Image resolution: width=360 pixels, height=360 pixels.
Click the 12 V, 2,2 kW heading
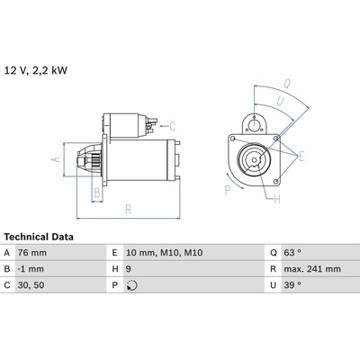coord(36,70)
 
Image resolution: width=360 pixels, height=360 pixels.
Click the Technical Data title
coord(39,237)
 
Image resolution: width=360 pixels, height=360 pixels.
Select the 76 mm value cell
coord(32,253)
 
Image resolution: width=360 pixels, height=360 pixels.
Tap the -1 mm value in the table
coord(31,269)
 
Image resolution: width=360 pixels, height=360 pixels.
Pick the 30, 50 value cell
coord(31,285)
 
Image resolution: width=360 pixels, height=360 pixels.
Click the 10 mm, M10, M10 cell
coord(165,253)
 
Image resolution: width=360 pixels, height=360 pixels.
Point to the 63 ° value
coord(292,253)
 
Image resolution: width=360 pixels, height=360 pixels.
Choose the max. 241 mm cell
coord(312,269)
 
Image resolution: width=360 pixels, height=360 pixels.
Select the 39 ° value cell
coord(292,285)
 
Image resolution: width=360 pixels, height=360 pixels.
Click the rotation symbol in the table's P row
coord(132,285)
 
